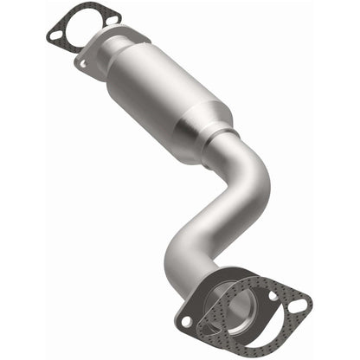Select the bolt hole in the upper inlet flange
pyautogui.click(x=83, y=62)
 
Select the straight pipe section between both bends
pyautogui.click(x=225, y=208)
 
